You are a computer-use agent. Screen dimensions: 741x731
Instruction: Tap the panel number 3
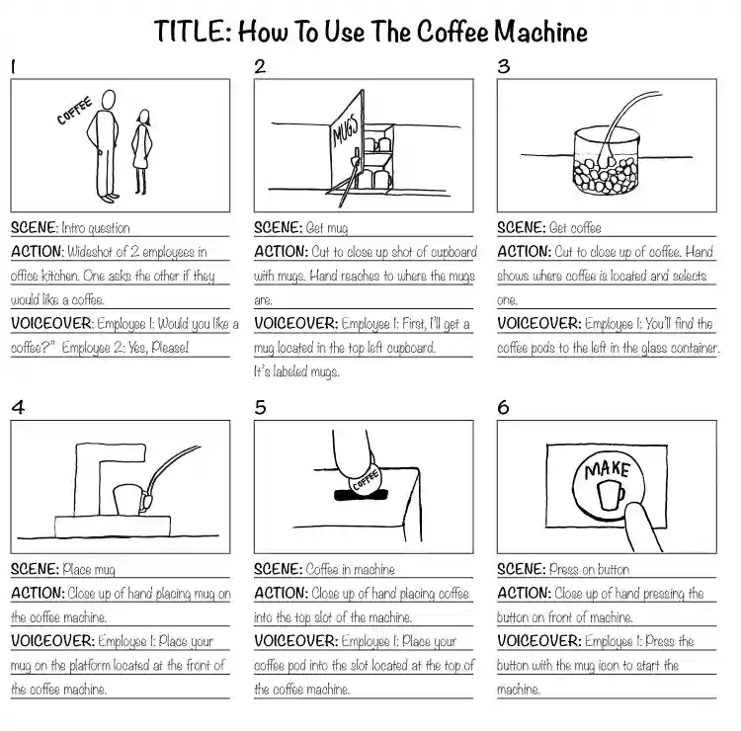[504, 66]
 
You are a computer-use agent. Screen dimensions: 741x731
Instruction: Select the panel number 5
[261, 407]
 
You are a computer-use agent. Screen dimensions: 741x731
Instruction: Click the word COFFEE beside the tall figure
[74, 111]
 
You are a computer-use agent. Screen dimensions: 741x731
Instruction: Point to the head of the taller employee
[109, 100]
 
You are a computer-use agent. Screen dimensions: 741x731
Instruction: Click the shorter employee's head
[143, 118]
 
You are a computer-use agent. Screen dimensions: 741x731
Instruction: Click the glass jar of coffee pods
[607, 162]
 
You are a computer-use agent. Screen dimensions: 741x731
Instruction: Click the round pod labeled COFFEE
[365, 479]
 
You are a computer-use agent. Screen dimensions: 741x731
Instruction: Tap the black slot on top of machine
[361, 495]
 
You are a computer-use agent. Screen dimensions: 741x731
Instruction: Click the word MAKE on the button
[608, 469]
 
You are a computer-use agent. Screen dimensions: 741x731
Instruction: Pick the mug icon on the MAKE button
[611, 495]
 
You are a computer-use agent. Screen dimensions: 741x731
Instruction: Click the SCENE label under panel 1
[34, 227]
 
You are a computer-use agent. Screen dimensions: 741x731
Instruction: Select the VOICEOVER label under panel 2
[295, 324]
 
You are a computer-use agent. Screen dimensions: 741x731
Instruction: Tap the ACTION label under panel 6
[524, 593]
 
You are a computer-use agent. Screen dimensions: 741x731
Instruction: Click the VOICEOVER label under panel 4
[52, 641]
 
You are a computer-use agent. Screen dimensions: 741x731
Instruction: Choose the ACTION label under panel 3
[524, 251]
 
